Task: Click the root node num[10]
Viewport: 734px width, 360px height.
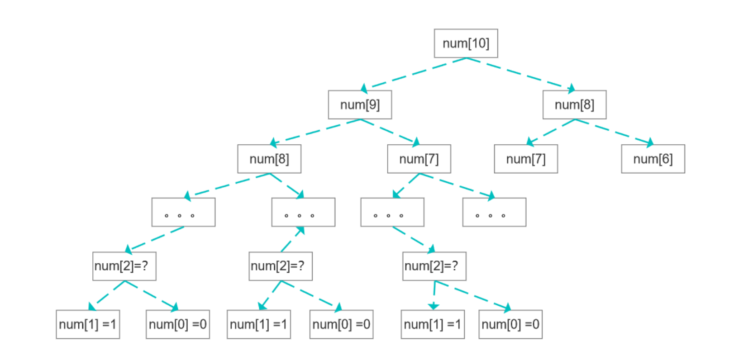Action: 466,43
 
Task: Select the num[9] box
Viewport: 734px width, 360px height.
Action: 360,104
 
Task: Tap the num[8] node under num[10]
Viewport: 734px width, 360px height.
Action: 574,104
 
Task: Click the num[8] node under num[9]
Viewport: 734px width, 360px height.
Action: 269,159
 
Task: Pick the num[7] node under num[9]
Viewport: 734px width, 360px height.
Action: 419,159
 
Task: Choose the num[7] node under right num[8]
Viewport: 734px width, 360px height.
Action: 526,159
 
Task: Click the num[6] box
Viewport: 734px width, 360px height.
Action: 653,159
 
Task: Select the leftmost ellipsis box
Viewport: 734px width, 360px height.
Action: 183,212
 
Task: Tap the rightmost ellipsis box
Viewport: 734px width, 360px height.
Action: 494,212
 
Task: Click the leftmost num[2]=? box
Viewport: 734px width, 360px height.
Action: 124,266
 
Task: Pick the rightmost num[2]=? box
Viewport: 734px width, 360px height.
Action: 434,266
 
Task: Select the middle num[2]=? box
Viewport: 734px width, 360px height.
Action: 281,266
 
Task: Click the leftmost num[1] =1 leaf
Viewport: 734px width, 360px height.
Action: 88,324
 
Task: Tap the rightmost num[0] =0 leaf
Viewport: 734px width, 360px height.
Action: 510,324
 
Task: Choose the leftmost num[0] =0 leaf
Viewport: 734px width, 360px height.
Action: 178,324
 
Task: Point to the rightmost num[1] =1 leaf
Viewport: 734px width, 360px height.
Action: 433,324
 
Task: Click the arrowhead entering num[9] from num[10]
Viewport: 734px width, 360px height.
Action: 364,88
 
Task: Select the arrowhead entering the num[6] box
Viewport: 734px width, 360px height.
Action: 650,143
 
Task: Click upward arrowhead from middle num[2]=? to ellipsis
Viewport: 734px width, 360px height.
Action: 300,231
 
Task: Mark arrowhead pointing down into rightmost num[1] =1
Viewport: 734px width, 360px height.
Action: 434,306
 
